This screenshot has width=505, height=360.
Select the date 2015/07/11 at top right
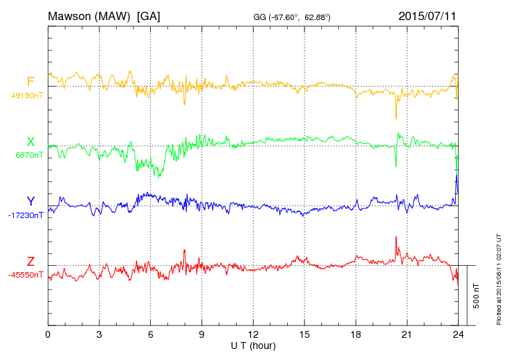pyautogui.click(x=427, y=15)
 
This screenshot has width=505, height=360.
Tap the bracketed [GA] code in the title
pyautogui.click(x=148, y=15)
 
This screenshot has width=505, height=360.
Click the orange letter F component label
pyautogui.click(x=30, y=82)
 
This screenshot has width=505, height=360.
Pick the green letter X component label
pyautogui.click(x=30, y=142)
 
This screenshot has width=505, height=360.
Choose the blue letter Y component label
pyautogui.click(x=30, y=201)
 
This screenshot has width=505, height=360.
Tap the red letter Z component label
pyautogui.click(x=30, y=262)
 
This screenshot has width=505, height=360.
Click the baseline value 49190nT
pyautogui.click(x=27, y=96)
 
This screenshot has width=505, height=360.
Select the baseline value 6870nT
pyautogui.click(x=29, y=156)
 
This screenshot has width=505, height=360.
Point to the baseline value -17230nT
pyautogui.click(x=26, y=215)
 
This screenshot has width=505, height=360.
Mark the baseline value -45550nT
pyautogui.click(x=26, y=275)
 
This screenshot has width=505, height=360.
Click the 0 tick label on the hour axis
pyautogui.click(x=48, y=335)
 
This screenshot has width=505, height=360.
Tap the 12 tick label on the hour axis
pyautogui.click(x=253, y=335)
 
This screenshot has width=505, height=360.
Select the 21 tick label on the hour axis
pyautogui.click(x=407, y=335)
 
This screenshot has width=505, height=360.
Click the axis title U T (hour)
pyautogui.click(x=254, y=345)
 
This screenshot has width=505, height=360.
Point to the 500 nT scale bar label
pyautogui.click(x=477, y=296)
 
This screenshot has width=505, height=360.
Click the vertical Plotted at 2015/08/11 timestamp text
pyautogui.click(x=499, y=280)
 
